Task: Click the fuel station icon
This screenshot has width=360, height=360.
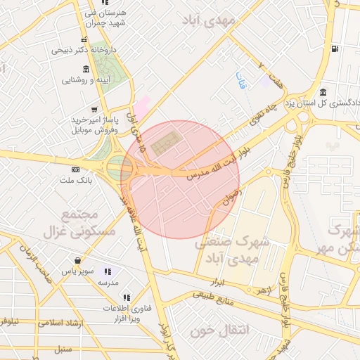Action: [333, 49]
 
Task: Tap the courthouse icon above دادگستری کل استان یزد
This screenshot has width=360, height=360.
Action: [323, 92]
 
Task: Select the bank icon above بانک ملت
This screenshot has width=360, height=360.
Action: [75, 170]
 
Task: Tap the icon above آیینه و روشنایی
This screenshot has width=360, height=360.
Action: [86, 69]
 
